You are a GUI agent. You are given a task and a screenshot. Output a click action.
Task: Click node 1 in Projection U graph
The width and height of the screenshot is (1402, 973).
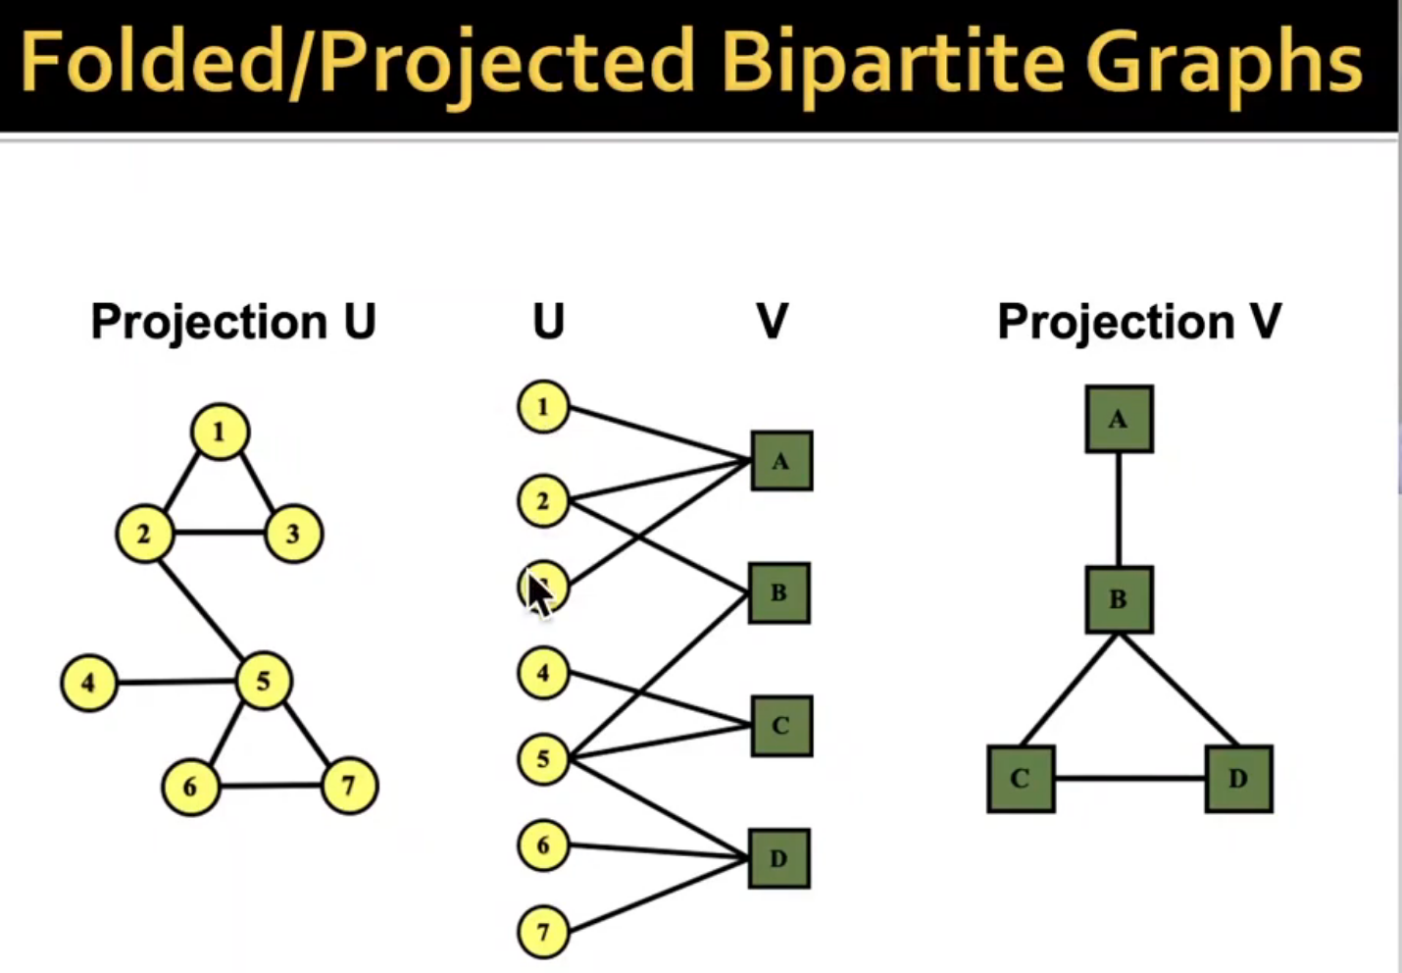(x=220, y=432)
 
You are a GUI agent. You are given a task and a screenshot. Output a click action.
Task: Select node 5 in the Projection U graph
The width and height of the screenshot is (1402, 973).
(x=264, y=681)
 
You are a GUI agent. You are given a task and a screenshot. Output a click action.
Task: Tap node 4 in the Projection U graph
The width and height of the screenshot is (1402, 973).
(x=89, y=682)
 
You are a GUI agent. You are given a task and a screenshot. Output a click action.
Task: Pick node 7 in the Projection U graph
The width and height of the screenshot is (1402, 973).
(x=348, y=785)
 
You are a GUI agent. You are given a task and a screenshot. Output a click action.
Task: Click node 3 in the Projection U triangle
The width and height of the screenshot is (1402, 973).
(x=292, y=534)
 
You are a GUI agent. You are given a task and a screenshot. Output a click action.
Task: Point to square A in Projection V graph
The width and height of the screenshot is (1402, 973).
(x=1119, y=420)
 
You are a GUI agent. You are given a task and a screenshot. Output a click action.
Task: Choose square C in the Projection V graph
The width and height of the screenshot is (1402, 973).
(x=1021, y=779)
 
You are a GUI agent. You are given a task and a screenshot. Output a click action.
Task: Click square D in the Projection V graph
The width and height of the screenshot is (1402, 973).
(x=1238, y=779)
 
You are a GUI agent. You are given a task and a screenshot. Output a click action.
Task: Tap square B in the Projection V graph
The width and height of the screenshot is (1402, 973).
(x=1119, y=599)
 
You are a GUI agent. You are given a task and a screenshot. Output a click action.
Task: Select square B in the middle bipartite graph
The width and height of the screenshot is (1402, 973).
(x=779, y=593)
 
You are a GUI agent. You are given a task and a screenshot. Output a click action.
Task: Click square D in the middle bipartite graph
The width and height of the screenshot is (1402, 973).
(x=779, y=859)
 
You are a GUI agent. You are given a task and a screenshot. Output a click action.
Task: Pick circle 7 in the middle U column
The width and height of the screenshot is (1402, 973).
(x=543, y=931)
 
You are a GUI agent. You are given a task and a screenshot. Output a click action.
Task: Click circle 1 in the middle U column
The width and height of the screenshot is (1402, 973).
(x=543, y=407)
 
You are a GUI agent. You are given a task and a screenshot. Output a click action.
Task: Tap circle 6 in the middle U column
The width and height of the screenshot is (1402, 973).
(x=543, y=845)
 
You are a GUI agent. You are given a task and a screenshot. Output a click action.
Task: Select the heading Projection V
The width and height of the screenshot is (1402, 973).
(x=1139, y=322)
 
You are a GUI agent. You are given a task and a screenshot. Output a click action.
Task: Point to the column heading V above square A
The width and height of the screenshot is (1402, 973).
(x=773, y=321)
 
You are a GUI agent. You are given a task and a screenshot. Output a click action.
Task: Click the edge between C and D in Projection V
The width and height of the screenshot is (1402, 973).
(x=1129, y=779)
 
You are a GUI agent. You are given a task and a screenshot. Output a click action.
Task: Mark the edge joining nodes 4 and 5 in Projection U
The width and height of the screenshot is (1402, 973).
(x=176, y=682)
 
